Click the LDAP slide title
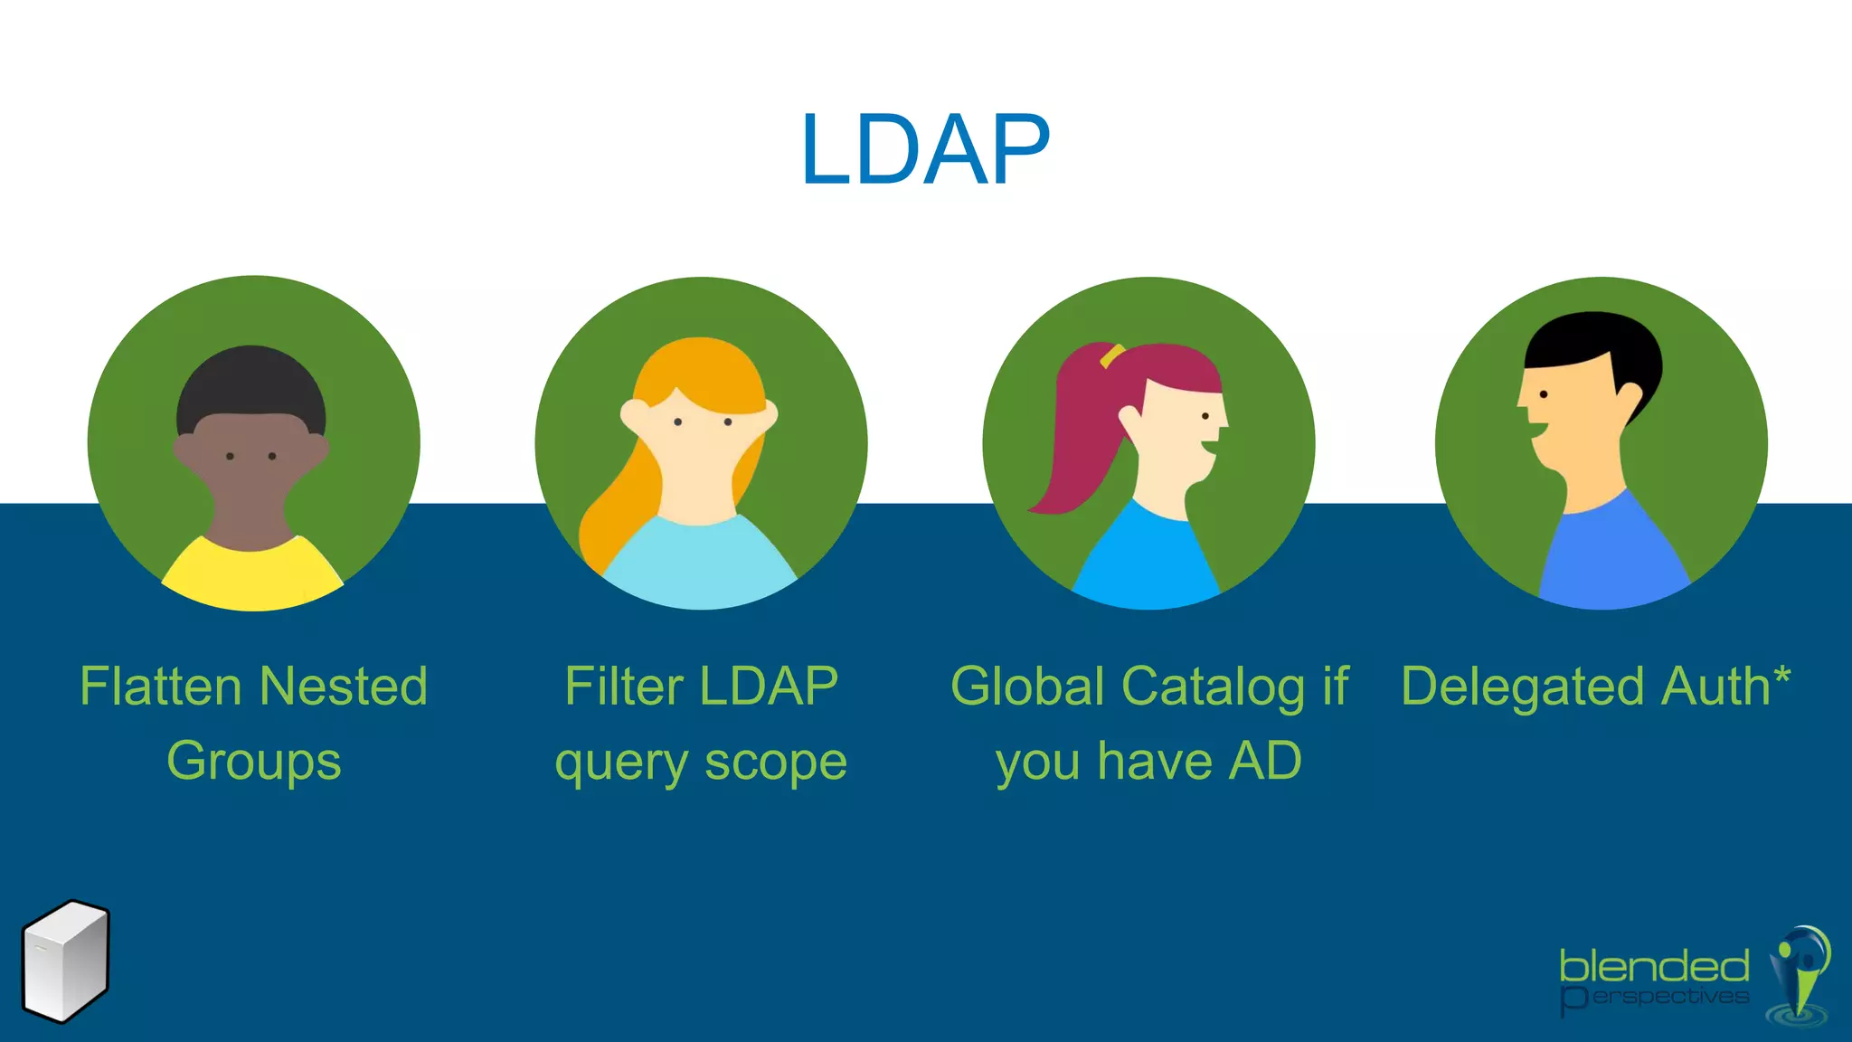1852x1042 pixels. click(924, 150)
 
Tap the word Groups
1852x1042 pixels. click(254, 761)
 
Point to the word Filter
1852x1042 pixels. click(624, 686)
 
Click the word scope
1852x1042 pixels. click(776, 761)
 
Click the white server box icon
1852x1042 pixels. click(65, 961)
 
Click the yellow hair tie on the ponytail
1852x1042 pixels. click(1111, 355)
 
